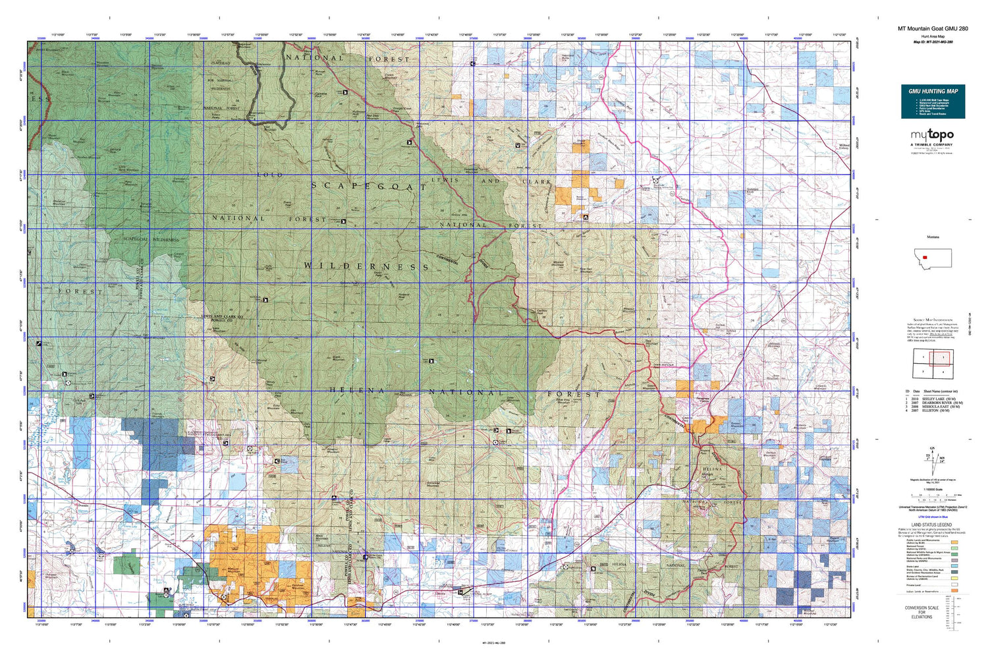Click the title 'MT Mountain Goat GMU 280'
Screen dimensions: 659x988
(933, 29)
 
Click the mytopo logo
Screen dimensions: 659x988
(932, 135)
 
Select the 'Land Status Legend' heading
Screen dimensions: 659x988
(931, 525)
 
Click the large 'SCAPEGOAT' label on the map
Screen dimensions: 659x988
(369, 186)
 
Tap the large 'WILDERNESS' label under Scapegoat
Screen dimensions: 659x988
(366, 266)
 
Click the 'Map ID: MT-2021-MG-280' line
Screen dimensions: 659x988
(933, 42)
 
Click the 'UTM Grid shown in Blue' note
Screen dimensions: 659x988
(931, 519)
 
